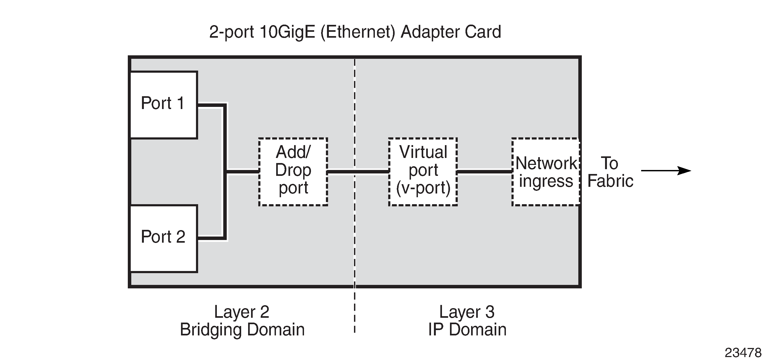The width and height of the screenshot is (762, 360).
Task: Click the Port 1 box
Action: [x=164, y=105]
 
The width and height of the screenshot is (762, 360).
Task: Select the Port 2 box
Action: [x=164, y=238]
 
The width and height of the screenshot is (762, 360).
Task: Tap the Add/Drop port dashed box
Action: [x=293, y=171]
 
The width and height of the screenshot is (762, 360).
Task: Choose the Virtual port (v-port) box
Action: [x=423, y=171]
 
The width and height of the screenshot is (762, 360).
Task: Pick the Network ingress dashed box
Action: [x=546, y=172]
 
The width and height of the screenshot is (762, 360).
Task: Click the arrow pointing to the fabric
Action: [x=665, y=171]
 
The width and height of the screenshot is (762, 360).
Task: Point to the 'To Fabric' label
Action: [x=610, y=172]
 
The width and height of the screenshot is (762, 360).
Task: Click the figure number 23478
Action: [x=742, y=352]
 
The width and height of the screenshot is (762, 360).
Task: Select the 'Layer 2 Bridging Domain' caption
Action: [x=242, y=321]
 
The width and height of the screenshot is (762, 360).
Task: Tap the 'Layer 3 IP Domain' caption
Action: [x=467, y=321]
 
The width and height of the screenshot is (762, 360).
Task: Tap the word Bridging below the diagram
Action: [x=211, y=330]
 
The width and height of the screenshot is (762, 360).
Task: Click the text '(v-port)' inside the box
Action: [x=423, y=188]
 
